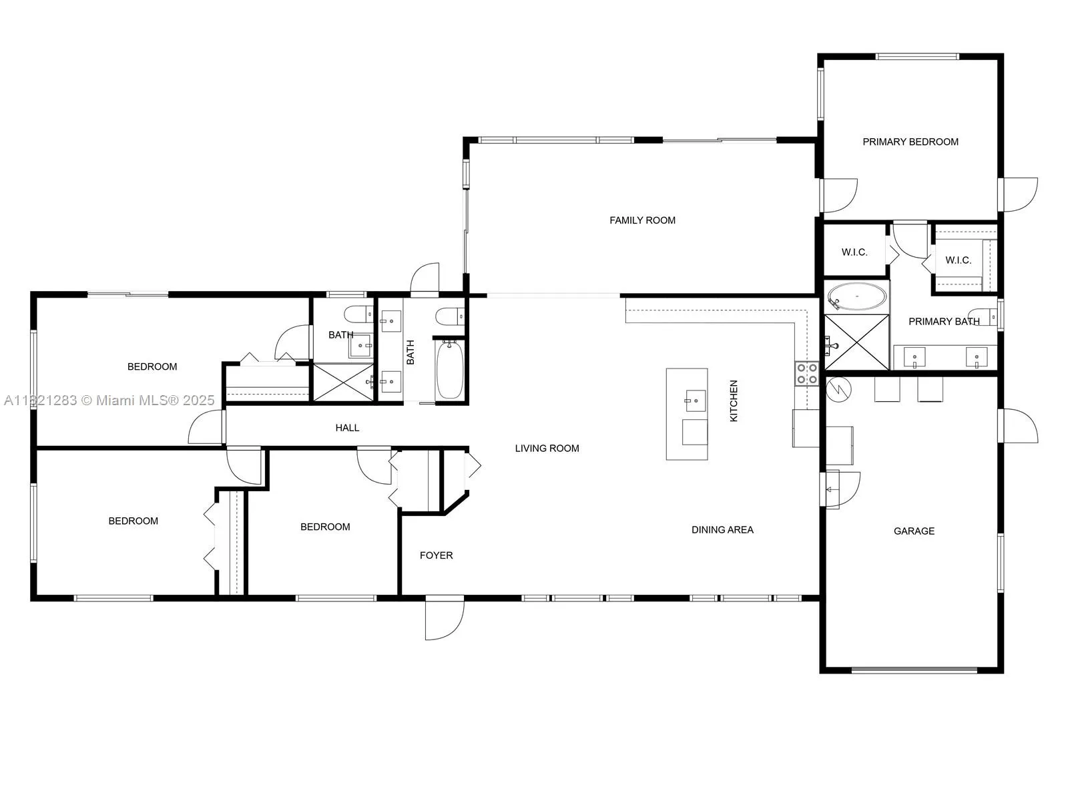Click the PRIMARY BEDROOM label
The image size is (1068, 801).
pos(910,142)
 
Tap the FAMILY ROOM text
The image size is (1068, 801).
pos(642,220)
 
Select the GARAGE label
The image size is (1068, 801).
pos(914,531)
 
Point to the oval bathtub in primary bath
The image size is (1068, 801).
pos(857,296)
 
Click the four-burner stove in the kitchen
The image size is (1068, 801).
pos(806,374)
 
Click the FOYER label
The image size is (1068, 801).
pos(436,555)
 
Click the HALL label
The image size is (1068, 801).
pos(347,428)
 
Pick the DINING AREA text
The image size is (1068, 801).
pos(722,530)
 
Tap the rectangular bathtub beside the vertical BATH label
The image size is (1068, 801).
pos(449,370)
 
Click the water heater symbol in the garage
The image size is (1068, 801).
pos(838,389)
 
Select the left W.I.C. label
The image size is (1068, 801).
pos(854,252)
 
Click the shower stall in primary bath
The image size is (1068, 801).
pos(857,342)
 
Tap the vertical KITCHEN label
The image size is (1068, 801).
pos(734,400)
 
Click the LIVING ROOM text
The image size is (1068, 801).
pos(547,449)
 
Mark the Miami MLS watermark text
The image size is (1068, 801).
pos(109,400)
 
